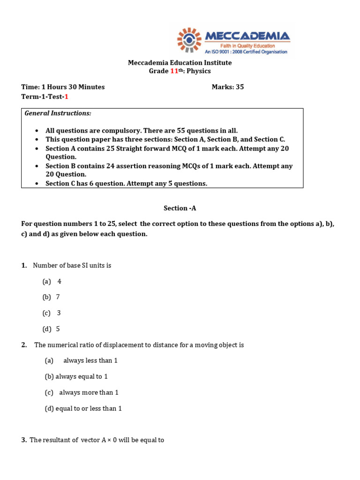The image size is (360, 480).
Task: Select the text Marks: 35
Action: tap(228, 87)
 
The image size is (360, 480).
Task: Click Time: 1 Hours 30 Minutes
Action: tap(63, 87)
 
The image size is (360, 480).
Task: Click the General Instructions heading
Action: tap(58, 113)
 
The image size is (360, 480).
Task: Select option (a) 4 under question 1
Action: tap(52, 281)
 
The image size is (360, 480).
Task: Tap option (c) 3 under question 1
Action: tap(52, 313)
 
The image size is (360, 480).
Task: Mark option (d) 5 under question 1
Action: tap(51, 329)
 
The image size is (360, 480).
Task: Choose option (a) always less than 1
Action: tap(81, 360)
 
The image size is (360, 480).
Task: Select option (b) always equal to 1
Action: tap(76, 376)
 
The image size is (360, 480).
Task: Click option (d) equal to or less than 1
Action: tap(83, 408)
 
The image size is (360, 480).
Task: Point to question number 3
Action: tap(24, 440)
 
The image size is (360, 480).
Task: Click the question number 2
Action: tap(24, 345)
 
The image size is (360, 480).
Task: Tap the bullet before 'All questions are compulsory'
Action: tap(37, 131)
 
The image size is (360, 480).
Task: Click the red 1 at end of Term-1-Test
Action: tap(66, 97)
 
